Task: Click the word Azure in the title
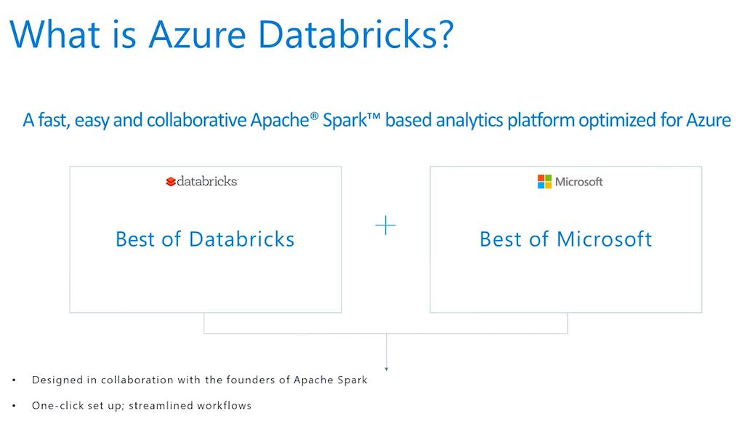click(197, 34)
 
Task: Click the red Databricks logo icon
click(171, 182)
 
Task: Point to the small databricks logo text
click(207, 181)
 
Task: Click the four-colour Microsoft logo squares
click(544, 182)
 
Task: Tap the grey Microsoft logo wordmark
click(578, 182)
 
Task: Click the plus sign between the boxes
click(385, 225)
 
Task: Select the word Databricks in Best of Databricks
click(241, 239)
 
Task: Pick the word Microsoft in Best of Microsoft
click(605, 239)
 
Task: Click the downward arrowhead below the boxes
click(387, 369)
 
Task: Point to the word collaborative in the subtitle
click(197, 120)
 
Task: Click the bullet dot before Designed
click(14, 380)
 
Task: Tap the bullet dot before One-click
click(14, 407)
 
